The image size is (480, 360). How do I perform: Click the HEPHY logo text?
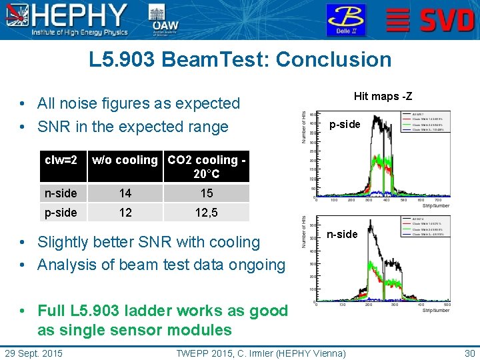[x=81, y=15]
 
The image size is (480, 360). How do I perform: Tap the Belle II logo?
[x=345, y=20]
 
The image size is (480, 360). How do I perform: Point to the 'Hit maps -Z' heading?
[x=383, y=97]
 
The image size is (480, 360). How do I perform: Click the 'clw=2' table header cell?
[x=61, y=160]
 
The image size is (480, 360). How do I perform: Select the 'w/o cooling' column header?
[x=125, y=160]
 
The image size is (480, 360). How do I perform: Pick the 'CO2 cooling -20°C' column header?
[x=207, y=167]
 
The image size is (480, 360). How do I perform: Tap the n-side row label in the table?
[x=61, y=193]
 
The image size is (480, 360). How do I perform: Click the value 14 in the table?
[x=125, y=193]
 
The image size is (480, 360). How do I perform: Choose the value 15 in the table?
[x=207, y=193]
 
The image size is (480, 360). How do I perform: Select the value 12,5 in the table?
[x=207, y=213]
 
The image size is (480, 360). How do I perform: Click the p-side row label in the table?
[x=61, y=213]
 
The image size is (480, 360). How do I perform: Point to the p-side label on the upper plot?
[x=344, y=125]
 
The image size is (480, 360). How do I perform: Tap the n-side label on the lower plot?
[x=342, y=234]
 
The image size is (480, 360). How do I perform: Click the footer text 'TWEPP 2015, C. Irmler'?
[x=261, y=353]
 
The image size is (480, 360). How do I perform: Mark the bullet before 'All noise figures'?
[x=23, y=104]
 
